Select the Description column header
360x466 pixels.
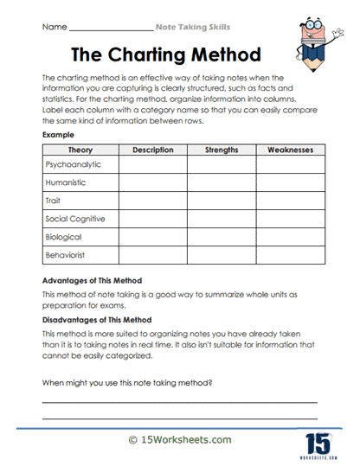153,150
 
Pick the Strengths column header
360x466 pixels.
221,150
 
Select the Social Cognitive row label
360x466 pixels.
76,219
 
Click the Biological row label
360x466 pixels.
64,237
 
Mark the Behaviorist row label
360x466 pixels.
68,255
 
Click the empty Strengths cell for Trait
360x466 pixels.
222,201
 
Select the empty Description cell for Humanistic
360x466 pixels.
153,182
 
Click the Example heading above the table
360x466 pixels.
58,136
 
